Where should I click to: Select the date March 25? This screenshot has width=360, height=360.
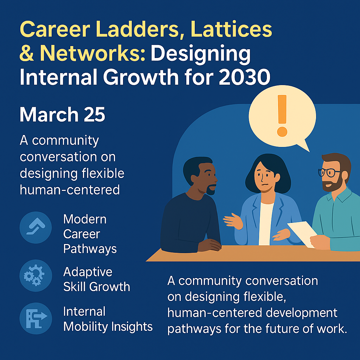click(x=62, y=115)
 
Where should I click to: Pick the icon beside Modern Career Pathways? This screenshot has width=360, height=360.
click(x=36, y=227)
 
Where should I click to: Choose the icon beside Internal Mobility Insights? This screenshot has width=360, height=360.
click(x=36, y=319)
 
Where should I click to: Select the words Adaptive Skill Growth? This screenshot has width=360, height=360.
click(x=96, y=279)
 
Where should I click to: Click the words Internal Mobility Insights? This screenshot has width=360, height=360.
click(x=108, y=319)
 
